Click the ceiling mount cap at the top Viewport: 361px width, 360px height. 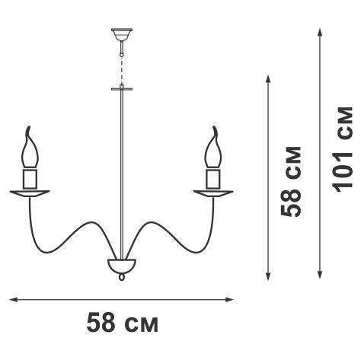122,34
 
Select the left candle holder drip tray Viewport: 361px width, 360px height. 30,193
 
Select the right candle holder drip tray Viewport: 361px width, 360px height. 213,193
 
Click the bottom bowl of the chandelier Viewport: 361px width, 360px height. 122,266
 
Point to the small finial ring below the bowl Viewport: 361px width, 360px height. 122,276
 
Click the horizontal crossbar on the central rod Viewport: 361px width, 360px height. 122,89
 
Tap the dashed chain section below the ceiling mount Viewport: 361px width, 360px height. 122,70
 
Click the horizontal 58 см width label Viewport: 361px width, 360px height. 123,323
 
